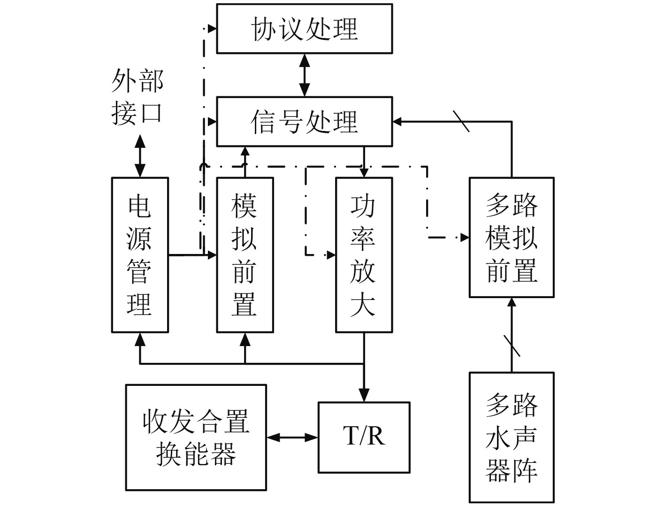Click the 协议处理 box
tap(304, 29)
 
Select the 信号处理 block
tap(304, 122)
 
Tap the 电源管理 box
tap(140, 255)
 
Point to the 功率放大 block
tap(364, 255)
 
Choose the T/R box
tap(364, 437)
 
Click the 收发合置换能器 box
tap(196, 438)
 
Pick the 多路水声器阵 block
tap(512, 437)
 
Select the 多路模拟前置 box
tap(512, 238)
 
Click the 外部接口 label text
tap(138, 97)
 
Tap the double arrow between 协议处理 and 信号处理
tap(305, 75)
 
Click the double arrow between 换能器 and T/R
tap(292, 438)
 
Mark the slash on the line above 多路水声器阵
tap(512, 345)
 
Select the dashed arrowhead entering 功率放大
tap(331, 255)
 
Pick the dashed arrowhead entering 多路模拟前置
tap(465, 238)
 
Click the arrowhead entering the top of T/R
tap(364, 396)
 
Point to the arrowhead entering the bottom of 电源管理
tap(140, 338)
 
